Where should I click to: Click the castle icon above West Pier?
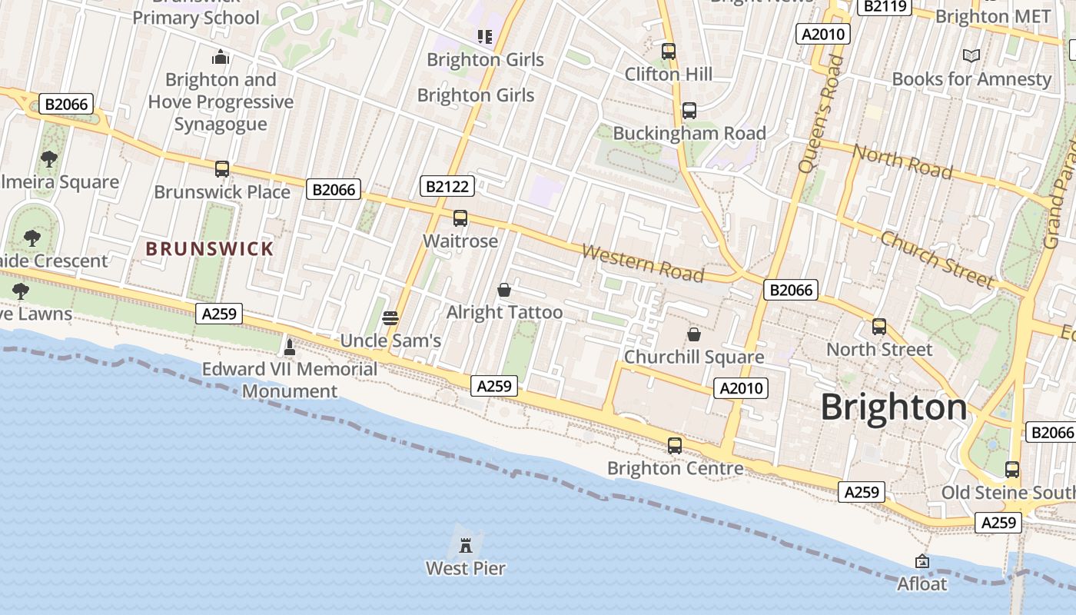465,546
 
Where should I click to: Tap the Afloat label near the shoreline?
922,584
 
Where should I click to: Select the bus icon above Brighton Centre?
675,445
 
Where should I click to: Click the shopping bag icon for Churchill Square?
693,334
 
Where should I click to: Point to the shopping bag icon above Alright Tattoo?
504,290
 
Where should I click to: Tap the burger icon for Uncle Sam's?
390,318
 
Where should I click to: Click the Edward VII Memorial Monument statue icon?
290,347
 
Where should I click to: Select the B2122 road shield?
447,185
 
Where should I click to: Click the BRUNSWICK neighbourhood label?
210,248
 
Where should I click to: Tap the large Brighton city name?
894,407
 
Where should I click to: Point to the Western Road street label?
643,262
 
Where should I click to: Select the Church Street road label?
937,258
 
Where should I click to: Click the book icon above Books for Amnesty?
971,55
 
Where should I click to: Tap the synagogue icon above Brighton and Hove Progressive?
221,57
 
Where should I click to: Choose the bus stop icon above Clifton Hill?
669,52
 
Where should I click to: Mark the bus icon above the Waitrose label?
460,218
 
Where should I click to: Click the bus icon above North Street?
879,327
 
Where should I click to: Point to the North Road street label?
902,161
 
